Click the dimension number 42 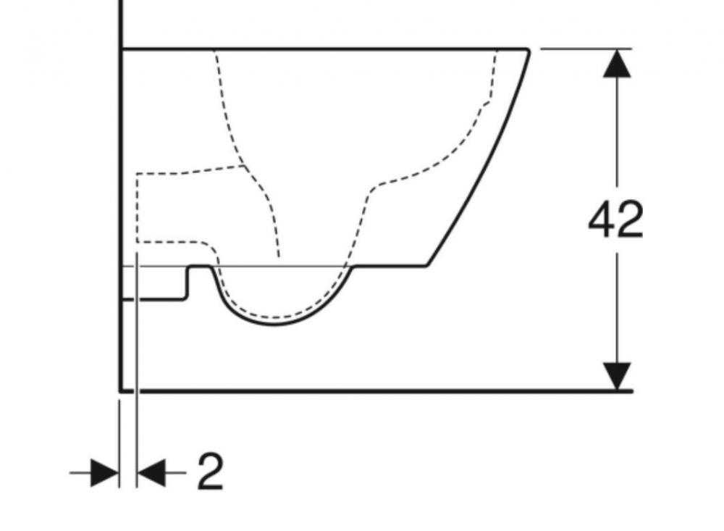[615, 219]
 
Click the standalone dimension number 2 [210, 472]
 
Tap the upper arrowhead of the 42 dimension [618, 63]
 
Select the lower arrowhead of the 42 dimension [618, 376]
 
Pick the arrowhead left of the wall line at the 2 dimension [105, 473]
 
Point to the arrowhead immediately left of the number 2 [152, 473]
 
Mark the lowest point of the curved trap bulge [274, 325]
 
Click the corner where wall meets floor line [120, 391]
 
